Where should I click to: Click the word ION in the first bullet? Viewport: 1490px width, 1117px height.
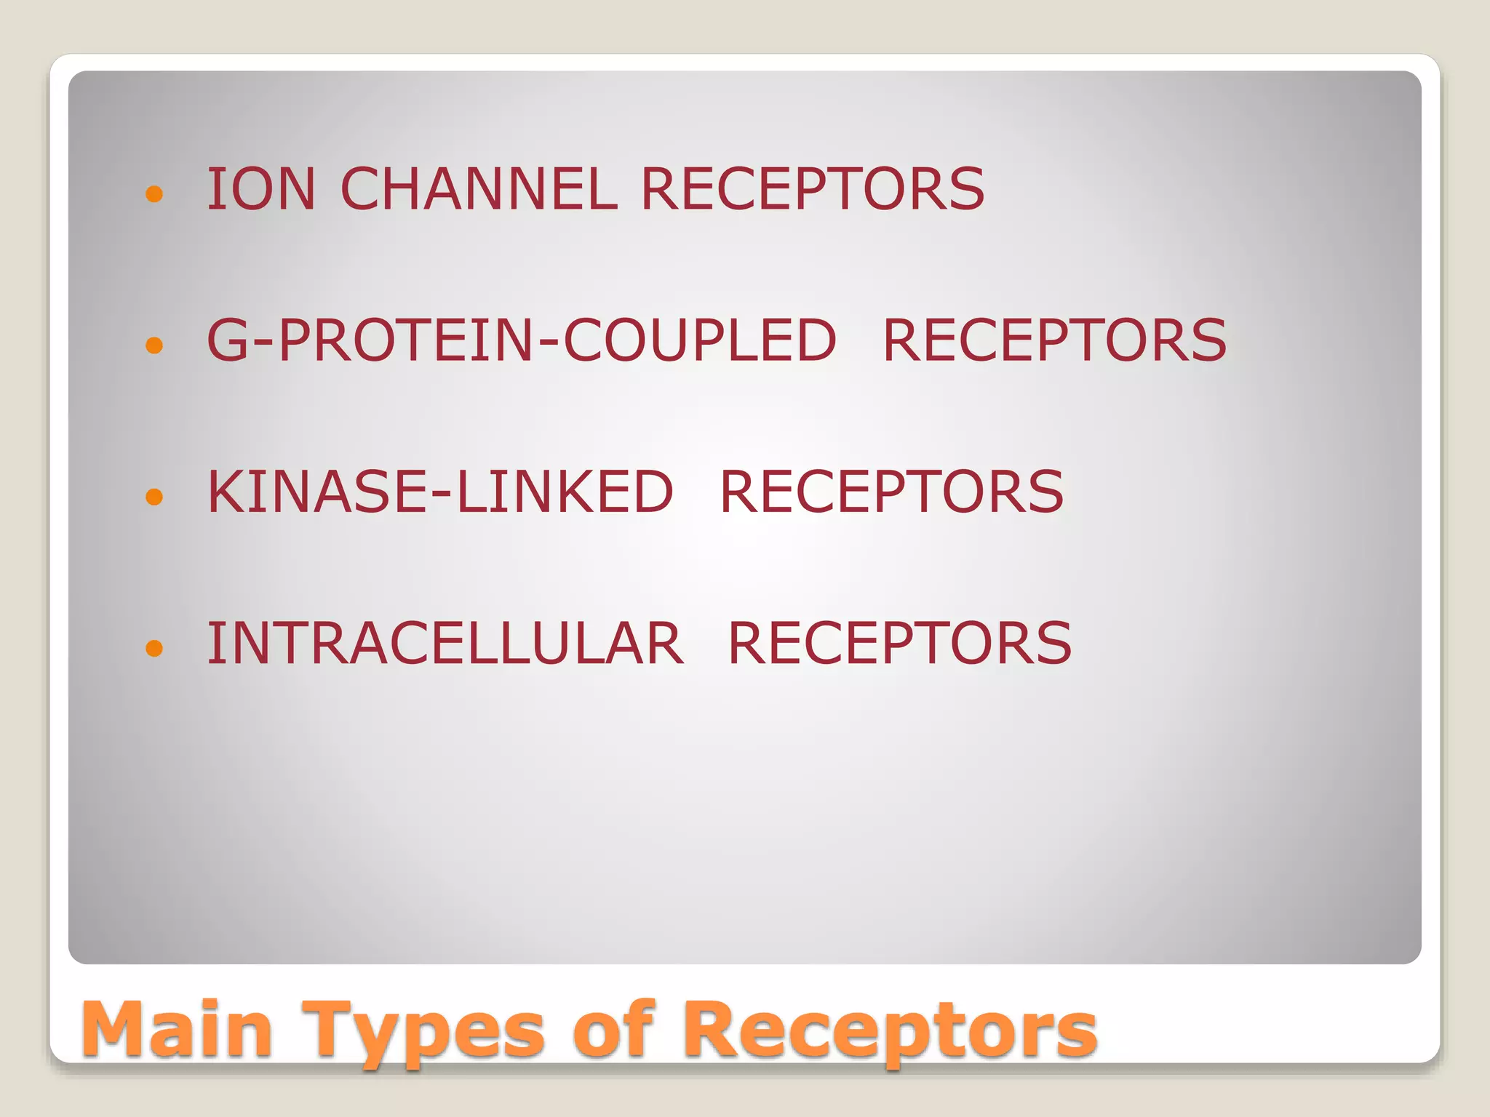click(261, 189)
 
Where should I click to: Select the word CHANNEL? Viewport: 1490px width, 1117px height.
click(479, 189)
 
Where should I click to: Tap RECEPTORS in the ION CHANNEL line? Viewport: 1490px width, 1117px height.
click(812, 189)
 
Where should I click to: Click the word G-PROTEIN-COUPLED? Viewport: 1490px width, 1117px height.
click(522, 340)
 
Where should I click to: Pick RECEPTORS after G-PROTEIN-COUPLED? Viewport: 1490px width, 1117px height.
click(1054, 340)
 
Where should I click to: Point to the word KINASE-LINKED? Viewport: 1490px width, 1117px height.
click(440, 492)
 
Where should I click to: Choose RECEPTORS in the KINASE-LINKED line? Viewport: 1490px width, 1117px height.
click(891, 492)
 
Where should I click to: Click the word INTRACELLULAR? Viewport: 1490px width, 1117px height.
click(445, 644)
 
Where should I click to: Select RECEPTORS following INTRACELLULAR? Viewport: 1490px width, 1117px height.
click(899, 644)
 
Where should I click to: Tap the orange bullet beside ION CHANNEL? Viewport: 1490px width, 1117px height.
click(154, 193)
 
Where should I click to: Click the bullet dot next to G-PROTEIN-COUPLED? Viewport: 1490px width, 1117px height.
click(154, 345)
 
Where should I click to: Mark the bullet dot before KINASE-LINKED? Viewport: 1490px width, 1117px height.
click(154, 497)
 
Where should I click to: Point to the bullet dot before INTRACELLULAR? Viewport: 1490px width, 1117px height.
click(154, 648)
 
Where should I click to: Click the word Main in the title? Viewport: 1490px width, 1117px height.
click(178, 1029)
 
